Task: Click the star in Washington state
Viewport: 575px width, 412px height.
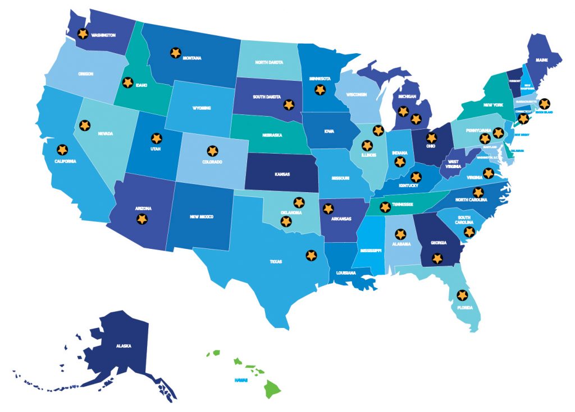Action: coord(83,34)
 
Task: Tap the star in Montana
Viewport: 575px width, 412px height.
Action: coord(175,53)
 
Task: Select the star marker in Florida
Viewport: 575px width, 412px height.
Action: coord(462,295)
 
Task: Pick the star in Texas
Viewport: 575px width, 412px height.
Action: coord(311,255)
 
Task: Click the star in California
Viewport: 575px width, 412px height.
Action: coord(62,150)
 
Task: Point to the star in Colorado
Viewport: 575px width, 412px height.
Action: coord(212,151)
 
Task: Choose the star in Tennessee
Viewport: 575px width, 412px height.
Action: coord(385,207)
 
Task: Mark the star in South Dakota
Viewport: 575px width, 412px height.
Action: coord(289,104)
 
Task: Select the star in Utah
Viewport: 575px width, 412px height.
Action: coord(156,138)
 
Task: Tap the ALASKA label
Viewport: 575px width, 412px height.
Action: coord(124,346)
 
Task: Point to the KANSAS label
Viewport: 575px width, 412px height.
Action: coord(282,174)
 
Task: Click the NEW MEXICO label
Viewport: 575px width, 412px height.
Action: coord(202,216)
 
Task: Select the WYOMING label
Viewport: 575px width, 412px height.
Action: coord(202,107)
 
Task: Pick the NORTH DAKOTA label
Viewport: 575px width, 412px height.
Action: coord(268,63)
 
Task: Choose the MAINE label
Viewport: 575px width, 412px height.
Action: coord(541,59)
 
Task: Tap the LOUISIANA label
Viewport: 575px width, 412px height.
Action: coord(346,273)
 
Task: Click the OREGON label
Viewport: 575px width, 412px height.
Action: coord(86,73)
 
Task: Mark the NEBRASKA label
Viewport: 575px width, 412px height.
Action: coord(271,135)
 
